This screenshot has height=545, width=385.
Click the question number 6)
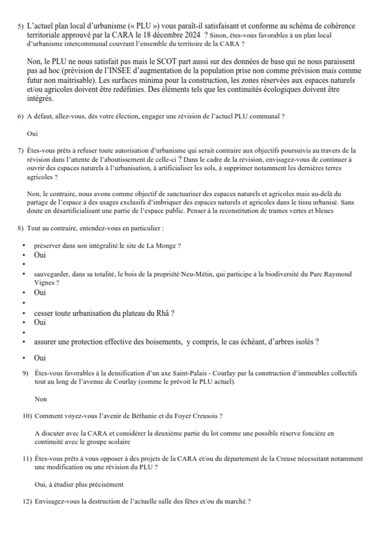point(21,116)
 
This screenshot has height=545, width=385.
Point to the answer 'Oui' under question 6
point(32,134)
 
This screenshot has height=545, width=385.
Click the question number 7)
point(21,151)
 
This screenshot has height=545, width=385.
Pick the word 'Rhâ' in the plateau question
point(163,313)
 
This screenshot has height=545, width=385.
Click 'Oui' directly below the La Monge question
point(40,255)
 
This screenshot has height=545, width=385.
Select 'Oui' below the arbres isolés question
point(40,358)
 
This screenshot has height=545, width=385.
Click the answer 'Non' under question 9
point(41,399)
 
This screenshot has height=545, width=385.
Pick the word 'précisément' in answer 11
point(108,485)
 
